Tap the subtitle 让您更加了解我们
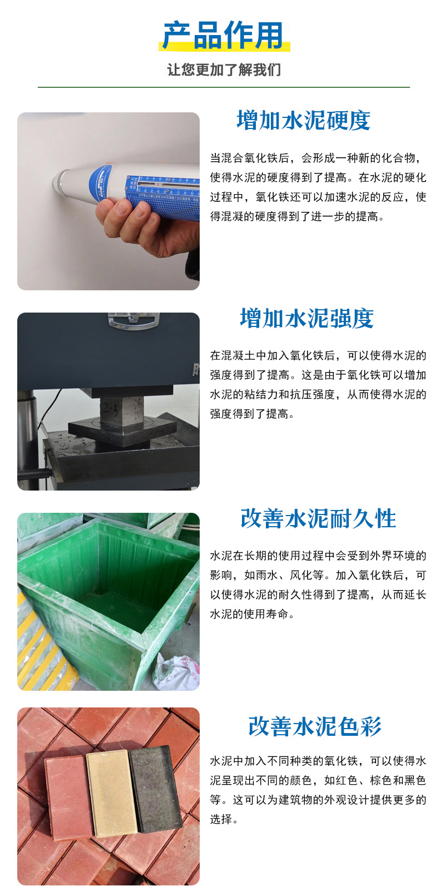(x=224, y=70)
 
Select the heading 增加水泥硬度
(x=303, y=120)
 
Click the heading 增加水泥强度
(x=306, y=318)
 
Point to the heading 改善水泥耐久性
(x=318, y=518)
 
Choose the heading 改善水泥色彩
(x=315, y=726)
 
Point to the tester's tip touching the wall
(x=57, y=181)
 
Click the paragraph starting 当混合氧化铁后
(x=318, y=187)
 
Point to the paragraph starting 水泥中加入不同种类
(x=318, y=790)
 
